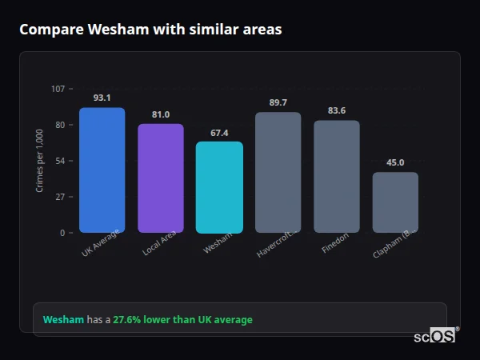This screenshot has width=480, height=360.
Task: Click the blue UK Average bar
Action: point(102,170)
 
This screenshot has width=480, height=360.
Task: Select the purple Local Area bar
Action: point(161,178)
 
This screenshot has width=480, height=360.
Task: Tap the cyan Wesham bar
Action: point(219,187)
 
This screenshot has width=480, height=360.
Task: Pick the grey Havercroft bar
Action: point(278,172)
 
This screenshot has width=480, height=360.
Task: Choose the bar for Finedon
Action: point(337,176)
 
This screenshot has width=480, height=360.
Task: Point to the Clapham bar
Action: point(395,202)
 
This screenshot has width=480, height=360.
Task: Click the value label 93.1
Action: point(102,98)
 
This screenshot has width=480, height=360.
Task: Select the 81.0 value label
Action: point(161,114)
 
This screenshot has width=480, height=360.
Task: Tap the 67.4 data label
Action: point(219,133)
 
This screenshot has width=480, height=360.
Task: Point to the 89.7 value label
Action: point(278,102)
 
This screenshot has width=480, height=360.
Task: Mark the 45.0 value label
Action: point(395,162)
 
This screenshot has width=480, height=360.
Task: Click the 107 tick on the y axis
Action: point(58,88)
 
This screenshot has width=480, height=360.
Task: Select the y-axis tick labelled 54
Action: point(60,161)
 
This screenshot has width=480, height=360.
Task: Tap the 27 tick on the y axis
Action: point(60,197)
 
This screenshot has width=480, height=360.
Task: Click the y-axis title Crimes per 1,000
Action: point(40,161)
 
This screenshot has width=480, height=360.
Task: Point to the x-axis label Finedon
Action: point(335,244)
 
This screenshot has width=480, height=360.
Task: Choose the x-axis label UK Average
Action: point(100,243)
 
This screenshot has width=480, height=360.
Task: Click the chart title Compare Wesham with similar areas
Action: point(150,30)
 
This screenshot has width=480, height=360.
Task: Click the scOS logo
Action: point(434,336)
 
